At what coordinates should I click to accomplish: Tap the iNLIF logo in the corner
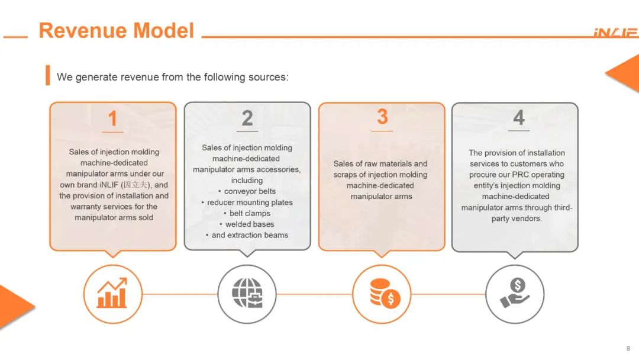click(616, 33)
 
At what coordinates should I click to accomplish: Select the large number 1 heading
click(112, 118)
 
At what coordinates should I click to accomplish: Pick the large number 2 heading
click(247, 118)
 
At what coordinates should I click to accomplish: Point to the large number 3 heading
click(382, 117)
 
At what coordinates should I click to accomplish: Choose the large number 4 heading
click(518, 117)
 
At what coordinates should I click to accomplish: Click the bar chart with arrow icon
click(112, 292)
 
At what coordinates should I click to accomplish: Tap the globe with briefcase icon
click(247, 292)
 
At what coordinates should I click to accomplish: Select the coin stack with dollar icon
click(385, 294)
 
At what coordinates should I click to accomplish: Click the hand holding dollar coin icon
click(515, 293)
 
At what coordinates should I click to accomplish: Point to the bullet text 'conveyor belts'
click(250, 191)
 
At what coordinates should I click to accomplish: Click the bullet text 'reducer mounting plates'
click(250, 202)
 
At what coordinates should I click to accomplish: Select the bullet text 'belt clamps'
click(250, 213)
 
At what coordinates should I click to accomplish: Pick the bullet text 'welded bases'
click(250, 224)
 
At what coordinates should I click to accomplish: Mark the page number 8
click(628, 348)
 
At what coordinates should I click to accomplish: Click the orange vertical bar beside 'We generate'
click(48, 75)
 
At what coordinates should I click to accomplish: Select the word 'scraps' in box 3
click(345, 175)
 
